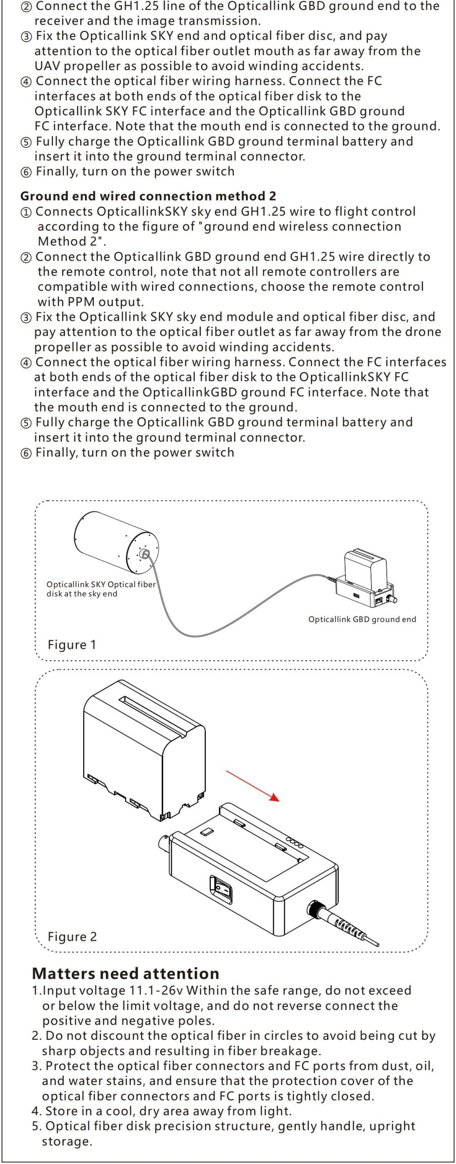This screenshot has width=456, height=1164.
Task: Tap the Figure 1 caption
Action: [x=72, y=645]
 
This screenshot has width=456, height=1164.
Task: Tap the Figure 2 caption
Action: [x=72, y=937]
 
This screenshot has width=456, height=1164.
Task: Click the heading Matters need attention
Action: [x=126, y=973]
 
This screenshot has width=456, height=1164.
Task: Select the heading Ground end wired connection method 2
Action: [x=148, y=196]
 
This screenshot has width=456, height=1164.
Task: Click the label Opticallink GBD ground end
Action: [x=362, y=619]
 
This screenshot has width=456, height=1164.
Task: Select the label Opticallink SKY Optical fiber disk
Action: [x=101, y=589]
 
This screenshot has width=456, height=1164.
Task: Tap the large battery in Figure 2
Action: [x=144, y=750]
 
